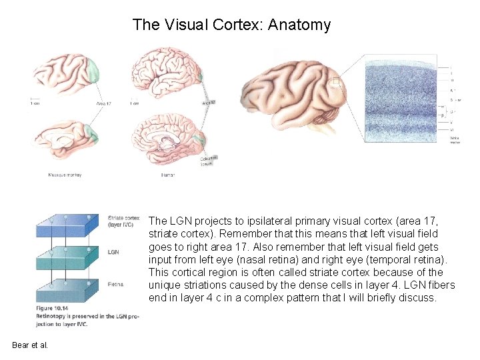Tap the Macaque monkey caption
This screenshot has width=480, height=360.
[65, 175]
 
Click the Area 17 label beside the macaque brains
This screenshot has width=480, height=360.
[103, 103]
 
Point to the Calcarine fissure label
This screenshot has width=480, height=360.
[209, 161]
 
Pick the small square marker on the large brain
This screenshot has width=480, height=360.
[336, 83]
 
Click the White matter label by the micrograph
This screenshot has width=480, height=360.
[455, 140]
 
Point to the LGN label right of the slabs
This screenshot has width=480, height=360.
[113, 252]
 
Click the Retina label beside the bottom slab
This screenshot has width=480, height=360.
[116, 285]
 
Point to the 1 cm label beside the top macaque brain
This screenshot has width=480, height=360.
[35, 103]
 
